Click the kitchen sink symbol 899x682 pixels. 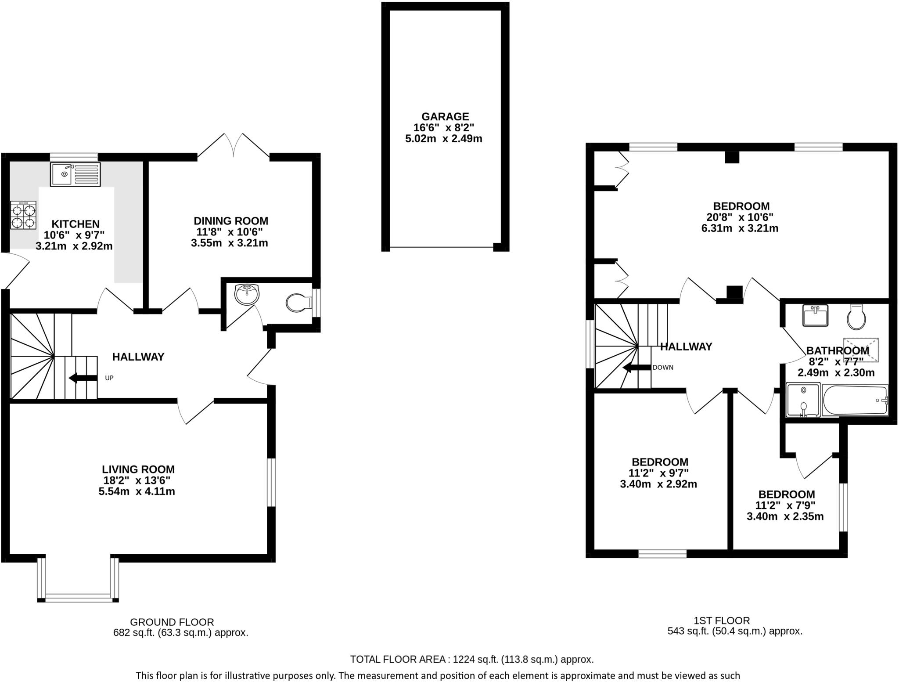(x=75, y=174)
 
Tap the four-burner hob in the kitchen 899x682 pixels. (x=23, y=215)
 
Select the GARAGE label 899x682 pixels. (x=445, y=116)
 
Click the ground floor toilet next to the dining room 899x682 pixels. (x=298, y=303)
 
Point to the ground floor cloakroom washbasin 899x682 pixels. (x=247, y=294)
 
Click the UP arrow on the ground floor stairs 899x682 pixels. (x=83, y=378)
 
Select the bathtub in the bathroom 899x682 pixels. (x=855, y=400)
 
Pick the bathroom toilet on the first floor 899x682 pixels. (x=856, y=318)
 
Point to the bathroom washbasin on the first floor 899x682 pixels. (x=815, y=315)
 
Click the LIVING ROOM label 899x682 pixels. (x=138, y=469)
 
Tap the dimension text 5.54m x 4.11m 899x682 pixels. (x=137, y=491)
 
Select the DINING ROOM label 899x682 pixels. (x=231, y=221)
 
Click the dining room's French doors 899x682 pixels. (x=234, y=145)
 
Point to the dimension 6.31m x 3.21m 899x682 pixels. (x=740, y=228)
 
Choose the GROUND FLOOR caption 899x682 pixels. (x=172, y=622)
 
